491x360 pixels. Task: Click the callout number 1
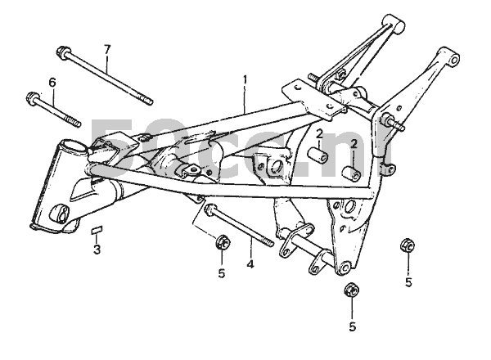[244, 79]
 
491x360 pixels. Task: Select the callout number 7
[107, 49]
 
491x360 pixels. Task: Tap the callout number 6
[52, 82]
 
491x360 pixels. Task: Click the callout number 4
[250, 264]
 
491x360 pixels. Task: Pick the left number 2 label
[321, 133]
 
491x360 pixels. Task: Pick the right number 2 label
[353, 145]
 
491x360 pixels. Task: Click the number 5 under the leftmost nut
[221, 272]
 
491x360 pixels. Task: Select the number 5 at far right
[408, 283]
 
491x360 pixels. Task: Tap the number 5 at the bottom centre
[352, 326]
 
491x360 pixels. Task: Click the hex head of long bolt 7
[63, 53]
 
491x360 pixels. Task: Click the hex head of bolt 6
[34, 100]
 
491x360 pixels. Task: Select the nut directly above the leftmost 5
[220, 242]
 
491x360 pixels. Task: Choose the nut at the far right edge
[407, 246]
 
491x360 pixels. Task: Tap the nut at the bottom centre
[351, 290]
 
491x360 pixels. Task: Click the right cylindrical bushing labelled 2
[353, 173]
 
